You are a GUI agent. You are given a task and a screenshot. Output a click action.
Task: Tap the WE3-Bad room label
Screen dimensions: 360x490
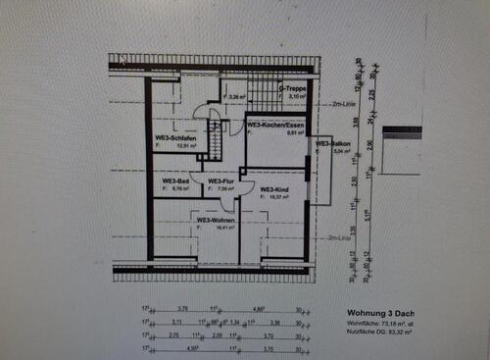click(x=175, y=181)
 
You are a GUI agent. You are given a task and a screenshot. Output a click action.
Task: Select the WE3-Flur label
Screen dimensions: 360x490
click(x=219, y=181)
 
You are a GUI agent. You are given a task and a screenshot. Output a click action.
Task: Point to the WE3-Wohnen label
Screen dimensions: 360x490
click(x=217, y=220)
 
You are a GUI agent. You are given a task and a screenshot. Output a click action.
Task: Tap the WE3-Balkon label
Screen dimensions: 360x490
click(x=329, y=144)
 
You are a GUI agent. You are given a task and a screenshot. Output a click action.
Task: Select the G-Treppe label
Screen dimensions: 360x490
click(x=293, y=88)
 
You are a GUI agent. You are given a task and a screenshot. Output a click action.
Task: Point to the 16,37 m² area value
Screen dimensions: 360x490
click(x=273, y=195)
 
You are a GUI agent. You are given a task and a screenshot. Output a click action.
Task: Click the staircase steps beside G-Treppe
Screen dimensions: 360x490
click(x=262, y=93)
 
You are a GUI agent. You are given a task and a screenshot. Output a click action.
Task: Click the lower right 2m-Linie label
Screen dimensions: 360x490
click(x=339, y=237)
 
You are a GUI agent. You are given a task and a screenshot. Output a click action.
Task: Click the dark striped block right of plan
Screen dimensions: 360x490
click(x=402, y=130)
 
